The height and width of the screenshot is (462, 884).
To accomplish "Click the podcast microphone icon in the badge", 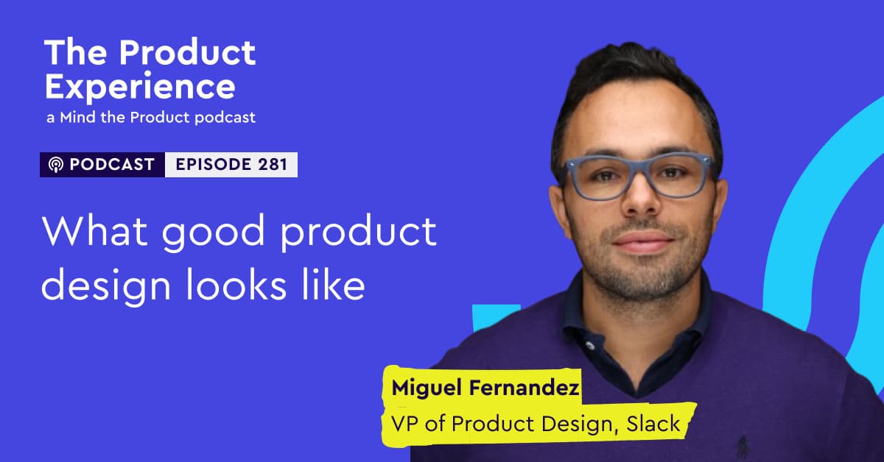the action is point(56,165).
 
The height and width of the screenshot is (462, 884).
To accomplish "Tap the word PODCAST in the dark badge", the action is point(112,164).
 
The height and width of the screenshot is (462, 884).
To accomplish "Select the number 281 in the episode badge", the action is point(273,164).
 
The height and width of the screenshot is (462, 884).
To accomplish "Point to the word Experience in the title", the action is point(140,88).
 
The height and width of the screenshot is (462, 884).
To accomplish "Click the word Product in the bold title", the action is point(187,52).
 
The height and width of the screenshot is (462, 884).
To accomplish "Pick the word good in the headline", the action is point(213,233).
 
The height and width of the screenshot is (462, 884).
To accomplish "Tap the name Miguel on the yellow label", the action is point(427,388).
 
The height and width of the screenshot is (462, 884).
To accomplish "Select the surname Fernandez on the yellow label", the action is point(524,387).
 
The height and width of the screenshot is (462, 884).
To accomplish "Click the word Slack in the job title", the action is point(653,424).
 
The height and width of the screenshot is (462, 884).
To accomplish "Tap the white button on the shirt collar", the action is point(590,346).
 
